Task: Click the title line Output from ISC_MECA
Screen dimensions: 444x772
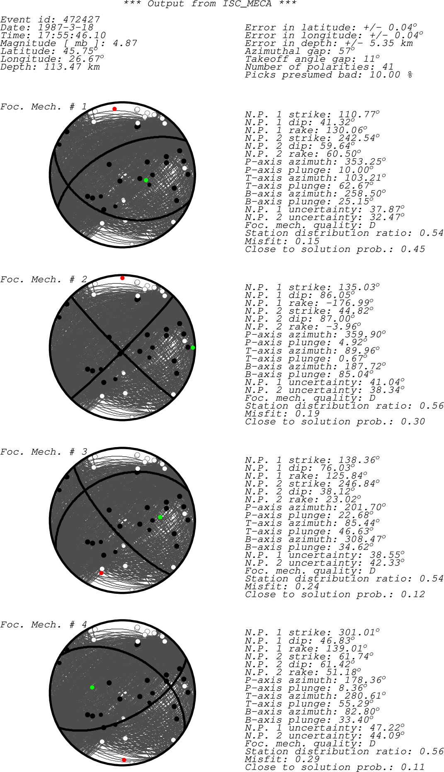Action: (210, 4)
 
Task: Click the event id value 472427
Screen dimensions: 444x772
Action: (81, 19)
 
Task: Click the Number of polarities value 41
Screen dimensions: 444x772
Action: (388, 67)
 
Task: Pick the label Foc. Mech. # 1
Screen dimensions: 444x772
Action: (44, 106)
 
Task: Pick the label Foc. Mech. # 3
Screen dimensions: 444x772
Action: (44, 452)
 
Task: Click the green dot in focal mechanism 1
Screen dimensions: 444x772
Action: (146, 180)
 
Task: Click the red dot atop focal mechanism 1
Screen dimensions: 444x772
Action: (114, 109)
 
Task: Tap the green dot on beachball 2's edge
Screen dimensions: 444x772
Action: (193, 347)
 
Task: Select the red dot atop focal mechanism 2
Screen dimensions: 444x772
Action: (122, 278)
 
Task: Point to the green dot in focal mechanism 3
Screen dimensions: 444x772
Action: (160, 517)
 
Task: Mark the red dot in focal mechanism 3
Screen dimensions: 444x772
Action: (101, 573)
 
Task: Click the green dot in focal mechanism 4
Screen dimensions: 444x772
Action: (92, 687)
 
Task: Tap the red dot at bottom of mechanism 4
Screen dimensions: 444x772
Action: (124, 760)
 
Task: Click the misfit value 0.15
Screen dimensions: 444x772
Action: (307, 241)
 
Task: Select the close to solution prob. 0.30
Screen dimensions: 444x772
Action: (413, 421)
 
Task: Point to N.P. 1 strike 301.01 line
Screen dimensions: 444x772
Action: (312, 633)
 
